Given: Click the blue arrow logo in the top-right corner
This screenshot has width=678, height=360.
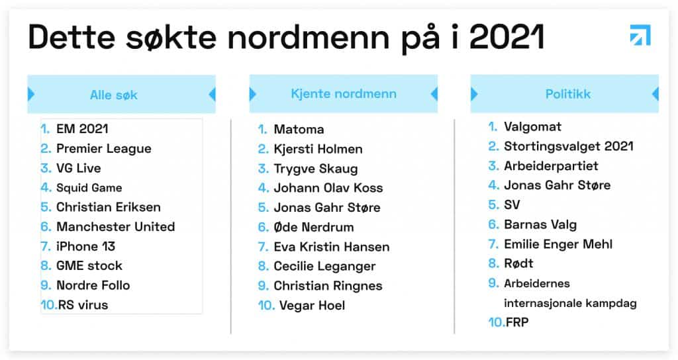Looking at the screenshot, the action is coord(640,36).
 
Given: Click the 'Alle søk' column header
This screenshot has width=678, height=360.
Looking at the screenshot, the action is coord(114,95).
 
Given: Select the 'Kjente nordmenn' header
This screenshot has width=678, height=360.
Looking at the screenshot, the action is coord(344,94).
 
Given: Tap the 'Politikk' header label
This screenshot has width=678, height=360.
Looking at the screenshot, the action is coord(567,94).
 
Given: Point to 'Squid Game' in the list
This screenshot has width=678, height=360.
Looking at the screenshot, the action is coord(89,187).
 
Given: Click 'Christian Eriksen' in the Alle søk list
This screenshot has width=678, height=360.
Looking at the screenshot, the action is coord(109,207).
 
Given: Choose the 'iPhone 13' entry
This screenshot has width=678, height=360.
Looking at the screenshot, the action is coord(85,246).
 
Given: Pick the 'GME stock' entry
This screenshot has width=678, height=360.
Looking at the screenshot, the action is coord(89,266).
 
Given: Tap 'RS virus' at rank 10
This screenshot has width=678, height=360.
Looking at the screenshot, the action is coord(83,305).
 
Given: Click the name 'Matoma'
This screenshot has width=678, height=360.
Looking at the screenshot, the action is coord(299,129).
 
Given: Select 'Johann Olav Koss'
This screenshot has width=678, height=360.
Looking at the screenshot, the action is coord(328,188).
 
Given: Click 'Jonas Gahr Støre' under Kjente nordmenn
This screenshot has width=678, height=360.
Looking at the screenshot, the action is coord(327,207).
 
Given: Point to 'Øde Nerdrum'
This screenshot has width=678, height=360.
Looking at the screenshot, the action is coord(314,228).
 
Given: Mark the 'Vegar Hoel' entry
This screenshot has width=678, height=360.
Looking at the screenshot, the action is coord(313,306).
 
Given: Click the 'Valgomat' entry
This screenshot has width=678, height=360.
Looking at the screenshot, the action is coord(533,126).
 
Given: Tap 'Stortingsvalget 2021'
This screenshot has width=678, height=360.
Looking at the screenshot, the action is coord(569,146).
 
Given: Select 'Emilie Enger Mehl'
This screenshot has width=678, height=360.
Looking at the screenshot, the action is coord(558,244).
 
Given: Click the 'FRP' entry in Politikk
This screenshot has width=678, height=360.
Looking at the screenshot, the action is coord(517,322).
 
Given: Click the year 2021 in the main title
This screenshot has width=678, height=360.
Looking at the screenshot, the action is coord(506,37).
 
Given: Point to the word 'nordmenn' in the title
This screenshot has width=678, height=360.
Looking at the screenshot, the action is coord(309,38).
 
